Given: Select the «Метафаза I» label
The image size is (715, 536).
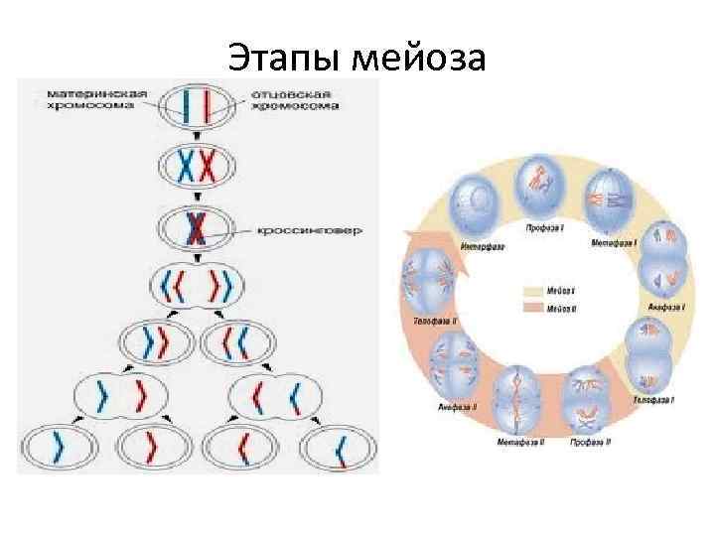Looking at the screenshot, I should click(x=615, y=241).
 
